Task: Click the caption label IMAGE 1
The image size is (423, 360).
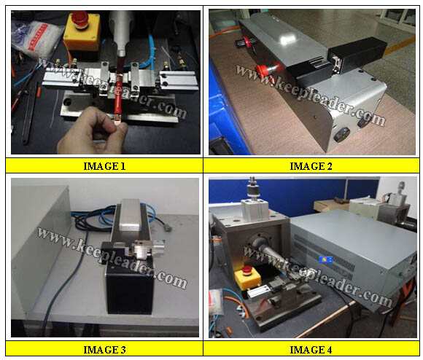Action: tap(104, 166)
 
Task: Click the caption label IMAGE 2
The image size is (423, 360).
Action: tap(311, 166)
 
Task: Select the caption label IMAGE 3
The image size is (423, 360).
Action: tap(104, 350)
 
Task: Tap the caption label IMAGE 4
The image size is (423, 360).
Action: tap(311, 350)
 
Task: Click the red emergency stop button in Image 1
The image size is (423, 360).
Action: tap(79, 19)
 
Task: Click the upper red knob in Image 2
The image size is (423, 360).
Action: tap(246, 42)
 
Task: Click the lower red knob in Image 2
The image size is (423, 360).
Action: tap(263, 70)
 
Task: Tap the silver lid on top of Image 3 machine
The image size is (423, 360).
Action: tap(131, 215)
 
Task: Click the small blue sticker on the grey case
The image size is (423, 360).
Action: tap(325, 259)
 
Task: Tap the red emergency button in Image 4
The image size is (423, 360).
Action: tap(247, 270)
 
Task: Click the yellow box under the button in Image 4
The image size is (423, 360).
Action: tap(248, 280)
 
